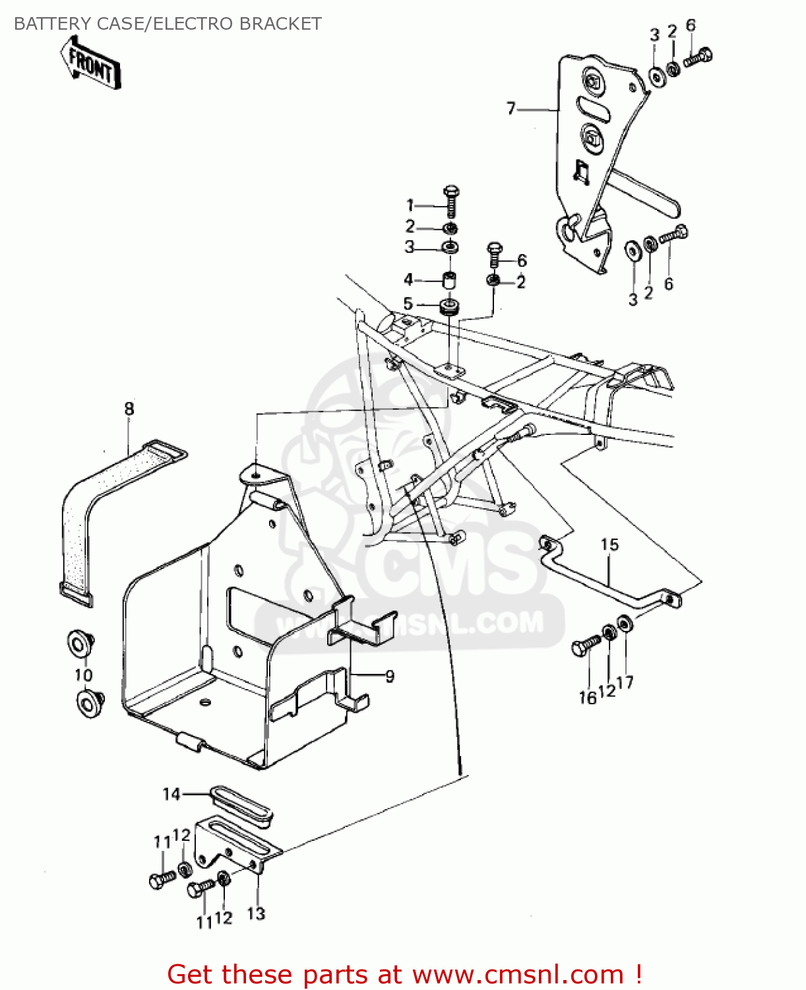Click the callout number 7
coord(511,108)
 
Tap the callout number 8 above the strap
coord(129,409)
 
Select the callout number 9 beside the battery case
coord(390,676)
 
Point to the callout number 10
coord(83,675)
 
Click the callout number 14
coord(171,794)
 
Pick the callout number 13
coord(256,913)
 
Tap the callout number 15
coord(609,544)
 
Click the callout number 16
coord(587,697)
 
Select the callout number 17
coord(625,682)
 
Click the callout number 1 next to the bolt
coord(410,205)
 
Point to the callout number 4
coord(408,280)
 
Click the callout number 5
coord(408,304)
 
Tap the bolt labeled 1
coord(451,201)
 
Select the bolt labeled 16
coord(586,645)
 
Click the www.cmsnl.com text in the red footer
coord(518,974)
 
